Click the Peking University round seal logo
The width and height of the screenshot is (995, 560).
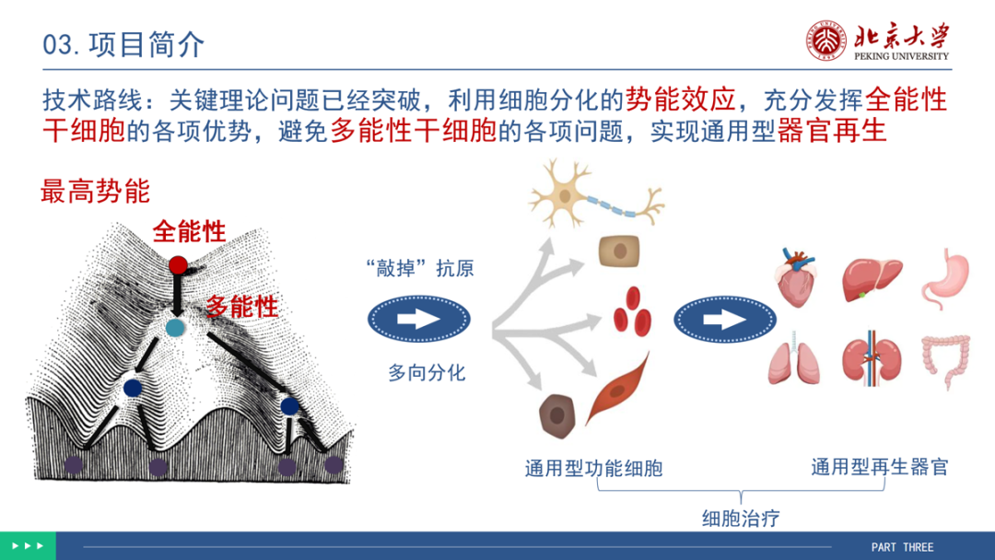825,41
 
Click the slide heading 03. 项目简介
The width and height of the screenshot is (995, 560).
123,45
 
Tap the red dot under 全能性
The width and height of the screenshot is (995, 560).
179,265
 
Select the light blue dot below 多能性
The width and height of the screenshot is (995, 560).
175,328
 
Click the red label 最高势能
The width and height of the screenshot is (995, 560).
95,191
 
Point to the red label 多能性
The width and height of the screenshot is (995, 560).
242,307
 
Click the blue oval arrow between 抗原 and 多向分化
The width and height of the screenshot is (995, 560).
419,319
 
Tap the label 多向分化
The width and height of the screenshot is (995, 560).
427,372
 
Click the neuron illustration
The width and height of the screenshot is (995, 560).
596,195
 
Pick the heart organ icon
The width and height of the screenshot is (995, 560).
796,277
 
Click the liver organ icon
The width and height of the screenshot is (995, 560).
872,279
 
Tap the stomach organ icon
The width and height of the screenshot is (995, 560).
945,278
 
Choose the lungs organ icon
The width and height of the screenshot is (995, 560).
793,358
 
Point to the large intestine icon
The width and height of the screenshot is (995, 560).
945,361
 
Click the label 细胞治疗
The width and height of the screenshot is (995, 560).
741,519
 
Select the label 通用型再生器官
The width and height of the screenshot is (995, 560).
880,467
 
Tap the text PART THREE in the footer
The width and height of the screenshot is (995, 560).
902,547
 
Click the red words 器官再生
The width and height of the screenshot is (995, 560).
831,132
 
